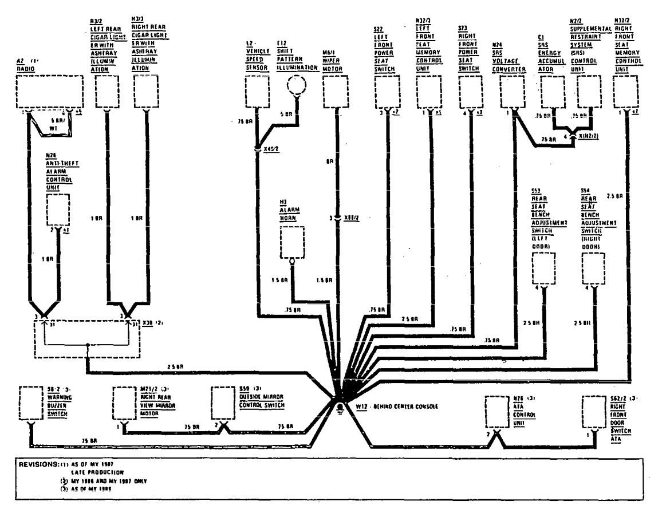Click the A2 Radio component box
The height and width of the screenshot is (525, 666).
(x=48, y=92)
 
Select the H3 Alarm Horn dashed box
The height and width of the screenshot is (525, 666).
(x=292, y=242)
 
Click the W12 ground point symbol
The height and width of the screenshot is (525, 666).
(x=340, y=406)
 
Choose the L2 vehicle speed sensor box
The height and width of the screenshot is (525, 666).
(x=257, y=92)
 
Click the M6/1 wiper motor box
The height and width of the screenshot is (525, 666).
(x=336, y=92)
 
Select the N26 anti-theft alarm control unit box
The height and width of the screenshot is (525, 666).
(x=58, y=210)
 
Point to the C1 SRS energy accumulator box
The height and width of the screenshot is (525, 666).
(x=553, y=92)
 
